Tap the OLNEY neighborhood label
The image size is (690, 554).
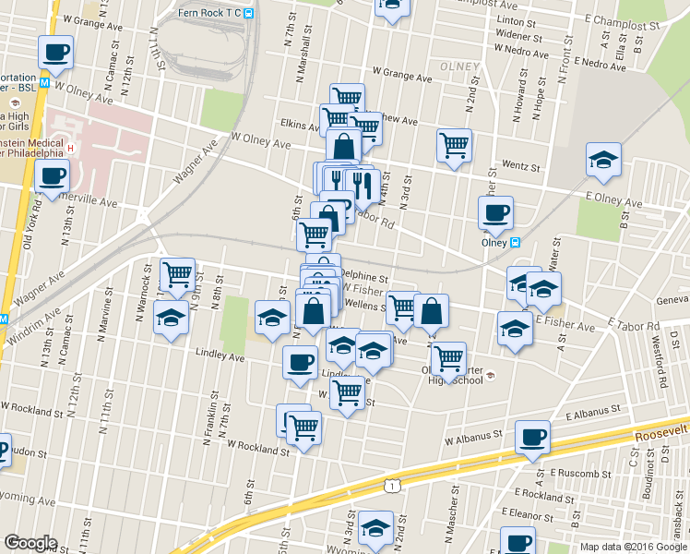point(458,66)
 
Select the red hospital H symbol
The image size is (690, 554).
point(70,147)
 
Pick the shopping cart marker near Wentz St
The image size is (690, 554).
point(454,144)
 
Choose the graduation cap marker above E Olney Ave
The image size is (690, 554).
point(604,160)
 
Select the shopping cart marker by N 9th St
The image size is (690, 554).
point(177,274)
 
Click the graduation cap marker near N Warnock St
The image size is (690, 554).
point(171,319)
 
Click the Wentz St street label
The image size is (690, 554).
point(520,166)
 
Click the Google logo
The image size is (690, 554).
point(30,543)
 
